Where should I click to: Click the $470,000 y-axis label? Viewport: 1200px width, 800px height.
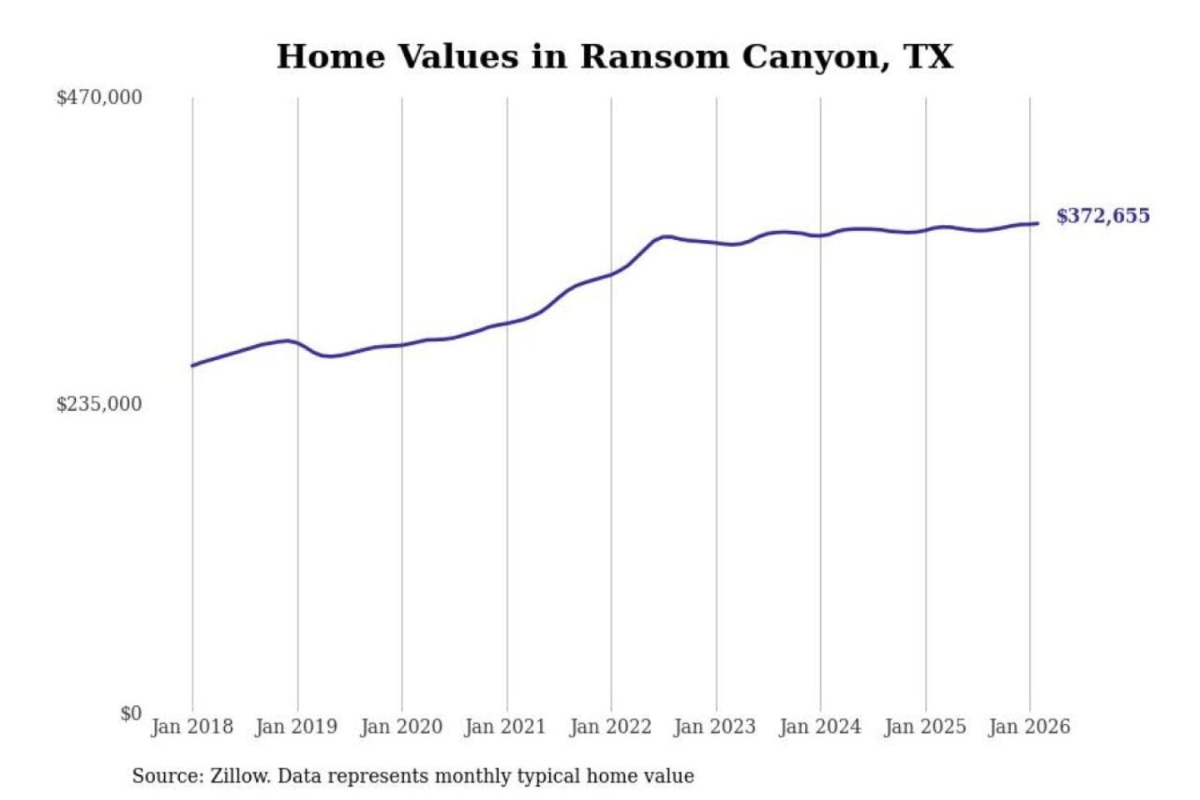point(99,97)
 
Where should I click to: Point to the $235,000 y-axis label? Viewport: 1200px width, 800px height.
point(99,404)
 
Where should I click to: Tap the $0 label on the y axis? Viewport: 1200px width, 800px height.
point(131,713)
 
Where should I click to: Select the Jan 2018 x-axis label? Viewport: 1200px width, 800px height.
point(192,727)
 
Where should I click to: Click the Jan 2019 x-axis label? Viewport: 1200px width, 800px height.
point(297,727)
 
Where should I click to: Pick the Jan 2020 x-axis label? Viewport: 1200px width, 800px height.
point(401,727)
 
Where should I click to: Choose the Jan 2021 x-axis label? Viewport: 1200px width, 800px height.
point(505,727)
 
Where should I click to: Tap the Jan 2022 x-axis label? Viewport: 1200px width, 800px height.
point(610,727)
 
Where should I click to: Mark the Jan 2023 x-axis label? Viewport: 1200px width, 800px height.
point(715,727)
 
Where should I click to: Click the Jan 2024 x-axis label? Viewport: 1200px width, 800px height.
point(820,727)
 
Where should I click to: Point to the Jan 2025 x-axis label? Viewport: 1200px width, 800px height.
point(925,727)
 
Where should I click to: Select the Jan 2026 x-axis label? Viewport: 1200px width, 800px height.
point(1029,727)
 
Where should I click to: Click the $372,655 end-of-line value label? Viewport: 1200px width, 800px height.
point(1102,216)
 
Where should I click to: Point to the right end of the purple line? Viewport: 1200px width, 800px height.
point(1037,223)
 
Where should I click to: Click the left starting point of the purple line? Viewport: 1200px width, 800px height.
point(192,365)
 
